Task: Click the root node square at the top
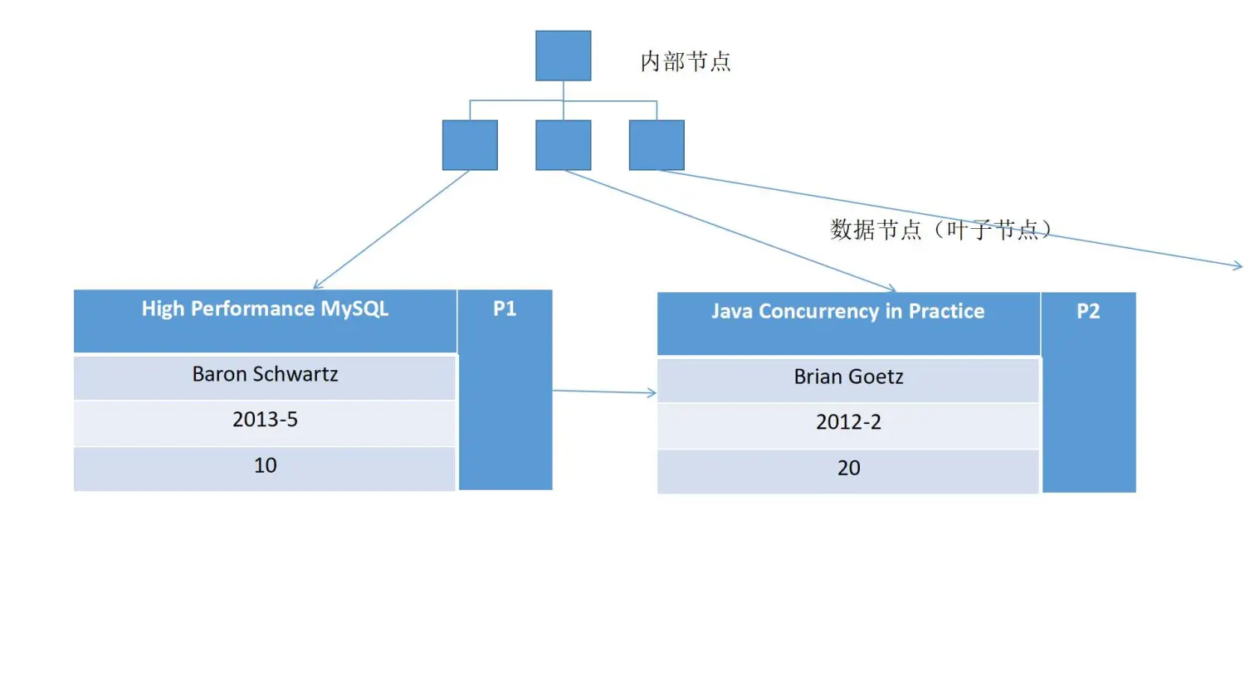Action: tap(563, 56)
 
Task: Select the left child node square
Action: tap(470, 145)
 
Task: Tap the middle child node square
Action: tap(563, 145)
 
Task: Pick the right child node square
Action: tap(657, 145)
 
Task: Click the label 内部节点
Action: tap(685, 61)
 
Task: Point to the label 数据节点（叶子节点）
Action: tap(940, 230)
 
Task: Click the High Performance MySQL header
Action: tap(265, 309)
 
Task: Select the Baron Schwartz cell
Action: tap(265, 375)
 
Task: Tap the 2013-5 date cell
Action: tap(265, 420)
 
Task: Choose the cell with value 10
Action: tap(265, 466)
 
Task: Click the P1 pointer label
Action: tap(505, 309)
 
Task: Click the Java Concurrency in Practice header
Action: tap(847, 312)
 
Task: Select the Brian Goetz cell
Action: tap(847, 377)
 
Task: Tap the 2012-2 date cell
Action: tap(847, 423)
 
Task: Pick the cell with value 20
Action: tap(847, 469)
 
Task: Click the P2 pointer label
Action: tap(1088, 312)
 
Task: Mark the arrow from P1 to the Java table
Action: tap(604, 391)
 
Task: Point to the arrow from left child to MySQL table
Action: tap(392, 230)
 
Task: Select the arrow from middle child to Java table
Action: tap(730, 231)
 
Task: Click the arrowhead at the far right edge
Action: tap(1238, 265)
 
